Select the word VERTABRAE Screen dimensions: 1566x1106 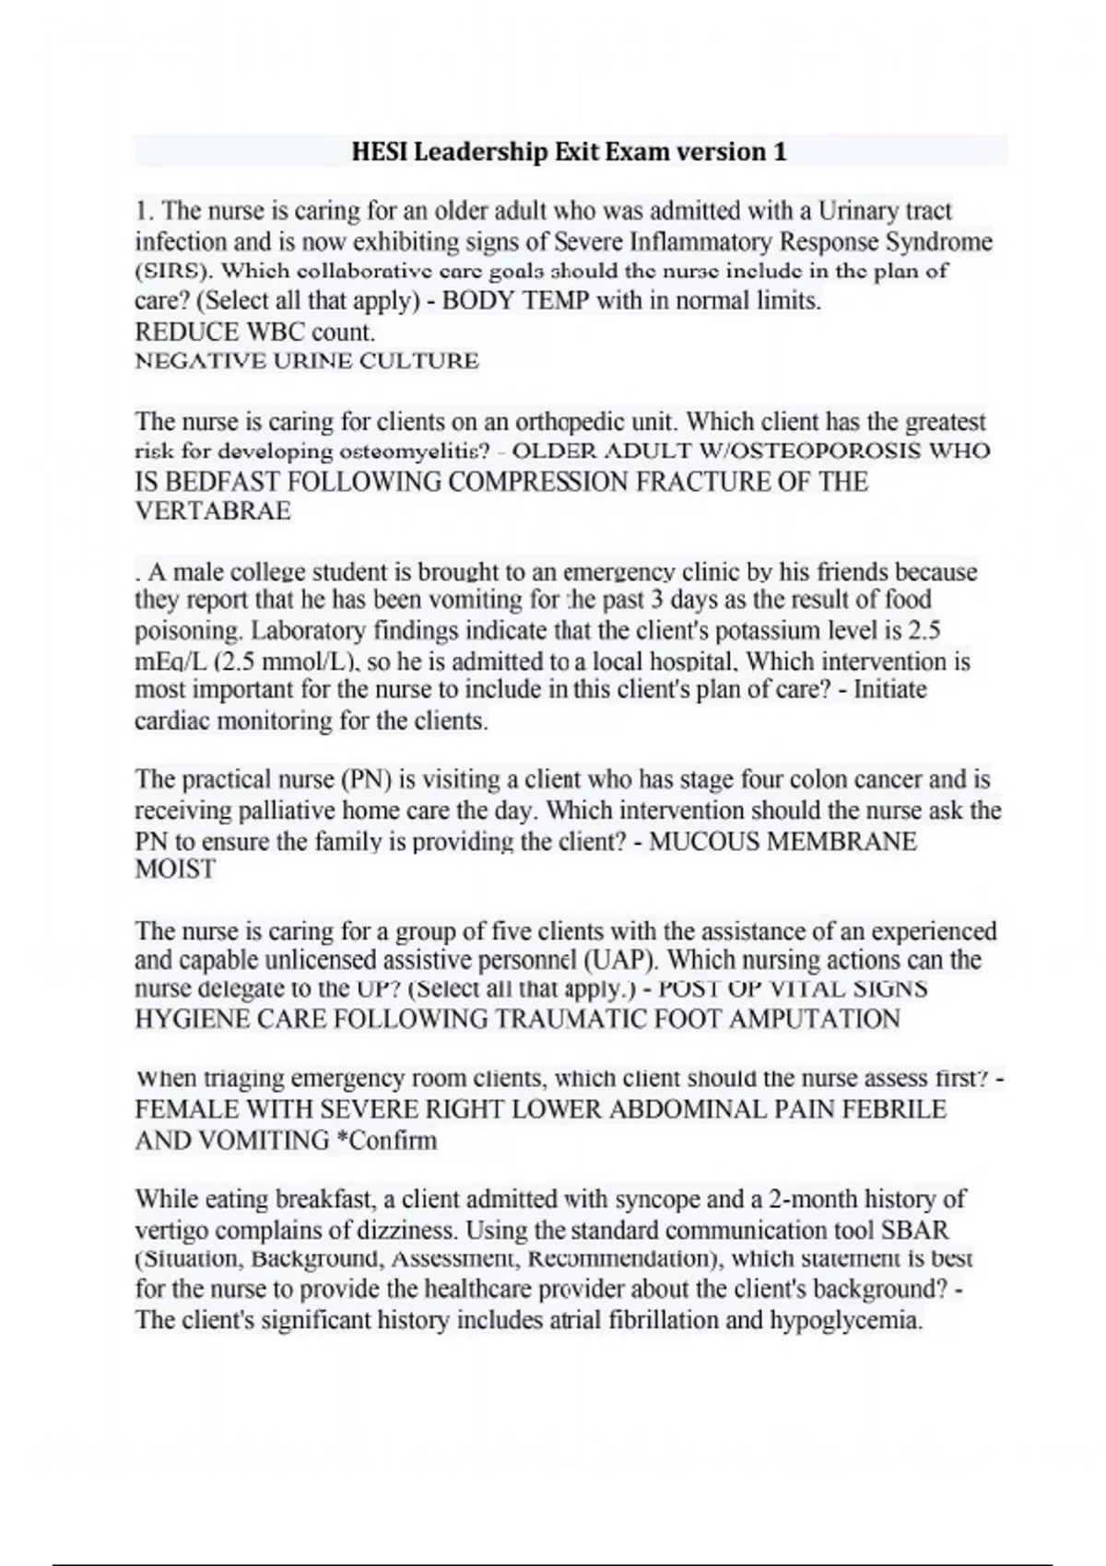pos(213,511)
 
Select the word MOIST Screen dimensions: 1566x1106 pos(175,870)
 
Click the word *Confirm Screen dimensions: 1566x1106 pos(386,1140)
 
